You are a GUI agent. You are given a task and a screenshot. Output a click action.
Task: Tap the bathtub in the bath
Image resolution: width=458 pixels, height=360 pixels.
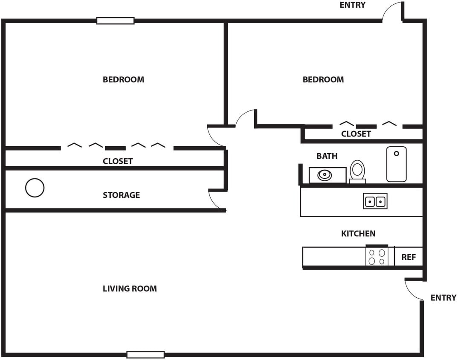click(396, 164)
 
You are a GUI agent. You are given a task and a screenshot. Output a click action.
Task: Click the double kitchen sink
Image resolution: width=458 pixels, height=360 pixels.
click(375, 201)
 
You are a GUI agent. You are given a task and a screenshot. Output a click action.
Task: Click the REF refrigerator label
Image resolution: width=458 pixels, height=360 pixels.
click(408, 257)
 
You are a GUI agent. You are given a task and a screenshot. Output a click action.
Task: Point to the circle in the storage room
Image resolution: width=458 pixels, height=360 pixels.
click(35, 188)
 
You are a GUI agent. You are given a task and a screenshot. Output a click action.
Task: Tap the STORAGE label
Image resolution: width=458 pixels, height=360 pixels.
click(121, 195)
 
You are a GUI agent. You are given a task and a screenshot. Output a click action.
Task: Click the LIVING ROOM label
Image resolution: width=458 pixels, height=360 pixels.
click(130, 289)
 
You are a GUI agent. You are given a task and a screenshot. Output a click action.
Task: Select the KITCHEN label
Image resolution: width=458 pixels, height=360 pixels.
click(358, 234)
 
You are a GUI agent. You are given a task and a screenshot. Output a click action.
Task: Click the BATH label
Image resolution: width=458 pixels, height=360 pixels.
click(327, 156)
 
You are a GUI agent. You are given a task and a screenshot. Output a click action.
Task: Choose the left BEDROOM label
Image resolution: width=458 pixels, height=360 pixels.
click(123, 80)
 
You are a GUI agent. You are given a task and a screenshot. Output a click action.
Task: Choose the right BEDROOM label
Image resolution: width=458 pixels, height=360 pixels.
click(323, 80)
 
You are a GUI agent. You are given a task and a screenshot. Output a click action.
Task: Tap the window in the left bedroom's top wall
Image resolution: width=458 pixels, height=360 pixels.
click(115, 20)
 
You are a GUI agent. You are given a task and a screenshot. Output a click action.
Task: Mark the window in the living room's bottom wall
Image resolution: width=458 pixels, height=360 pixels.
click(145, 354)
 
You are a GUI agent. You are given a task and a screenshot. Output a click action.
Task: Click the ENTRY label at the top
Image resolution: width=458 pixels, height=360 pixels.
click(352, 5)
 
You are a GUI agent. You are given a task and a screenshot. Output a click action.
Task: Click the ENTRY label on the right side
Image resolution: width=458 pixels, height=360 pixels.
click(443, 298)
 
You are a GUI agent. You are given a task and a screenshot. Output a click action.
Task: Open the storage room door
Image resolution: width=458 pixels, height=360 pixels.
click(216, 200)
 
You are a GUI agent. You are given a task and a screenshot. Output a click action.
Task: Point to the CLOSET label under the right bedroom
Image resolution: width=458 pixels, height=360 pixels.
click(356, 134)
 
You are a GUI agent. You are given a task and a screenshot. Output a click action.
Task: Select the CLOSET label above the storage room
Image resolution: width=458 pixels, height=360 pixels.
click(118, 161)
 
